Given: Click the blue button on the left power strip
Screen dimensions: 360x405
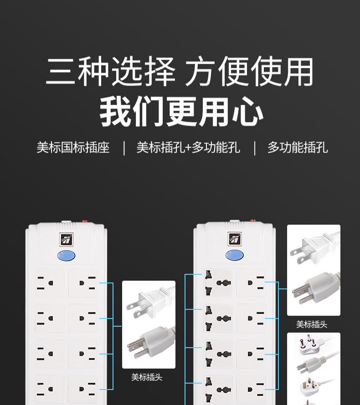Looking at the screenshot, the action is tap(66, 256).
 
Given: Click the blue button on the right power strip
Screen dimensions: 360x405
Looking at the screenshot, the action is tap(234, 255).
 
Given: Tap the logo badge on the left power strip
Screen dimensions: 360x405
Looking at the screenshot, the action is tap(67, 240).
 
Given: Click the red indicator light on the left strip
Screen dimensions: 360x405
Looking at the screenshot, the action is tap(84, 221).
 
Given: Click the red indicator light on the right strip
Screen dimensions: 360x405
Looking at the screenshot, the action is tap(253, 220).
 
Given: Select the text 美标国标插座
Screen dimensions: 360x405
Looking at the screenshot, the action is tap(73, 148).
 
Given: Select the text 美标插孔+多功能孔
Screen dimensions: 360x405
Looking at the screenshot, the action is tap(188, 148).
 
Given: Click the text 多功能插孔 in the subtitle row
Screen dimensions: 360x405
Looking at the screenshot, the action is tap(298, 148).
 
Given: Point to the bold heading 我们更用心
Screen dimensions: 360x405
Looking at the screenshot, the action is tap(181, 112).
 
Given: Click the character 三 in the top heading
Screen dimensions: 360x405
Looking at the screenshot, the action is tap(61, 71).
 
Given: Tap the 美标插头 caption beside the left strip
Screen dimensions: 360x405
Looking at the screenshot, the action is tap(147, 377).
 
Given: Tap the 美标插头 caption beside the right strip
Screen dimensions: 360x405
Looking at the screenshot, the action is tap(312, 324).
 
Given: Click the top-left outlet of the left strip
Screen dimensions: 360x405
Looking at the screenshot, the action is tap(49, 283).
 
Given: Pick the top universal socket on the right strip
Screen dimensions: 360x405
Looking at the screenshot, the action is tap(218, 282).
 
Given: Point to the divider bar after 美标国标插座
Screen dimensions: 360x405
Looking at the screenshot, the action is tap(124, 148).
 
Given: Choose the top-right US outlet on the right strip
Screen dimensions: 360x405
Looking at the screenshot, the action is tap(252, 282).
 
